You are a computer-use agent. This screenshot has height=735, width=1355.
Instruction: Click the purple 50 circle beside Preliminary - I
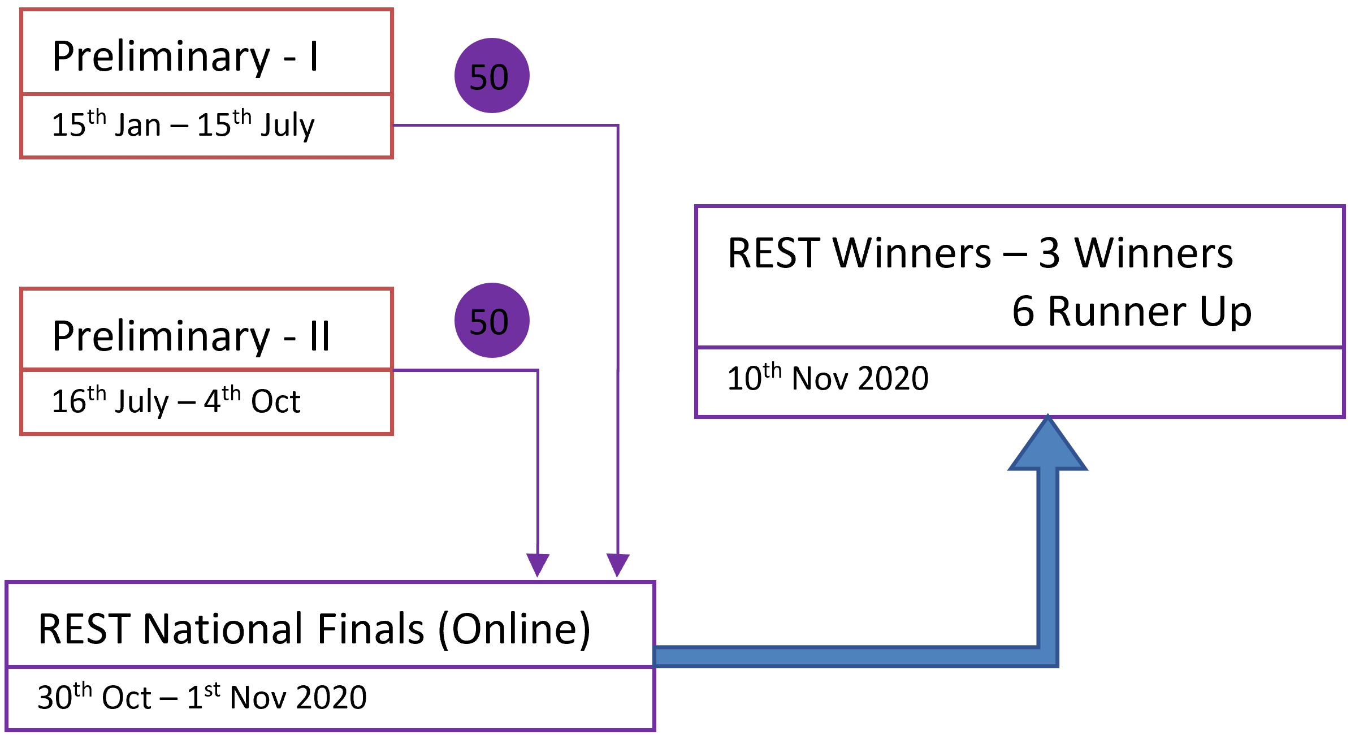pyautogui.click(x=492, y=75)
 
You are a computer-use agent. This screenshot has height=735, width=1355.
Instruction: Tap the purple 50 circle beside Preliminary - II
pyautogui.click(x=492, y=320)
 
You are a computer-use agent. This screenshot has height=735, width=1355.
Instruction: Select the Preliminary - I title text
pyautogui.click(x=185, y=57)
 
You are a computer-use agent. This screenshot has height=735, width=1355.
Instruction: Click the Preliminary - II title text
pyautogui.click(x=191, y=336)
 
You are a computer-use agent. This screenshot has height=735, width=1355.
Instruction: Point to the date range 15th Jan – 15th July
pyautogui.click(x=183, y=124)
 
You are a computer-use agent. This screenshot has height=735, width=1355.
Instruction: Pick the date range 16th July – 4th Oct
pyautogui.click(x=176, y=400)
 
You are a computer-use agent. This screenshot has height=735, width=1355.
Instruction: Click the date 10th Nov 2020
pyautogui.click(x=828, y=378)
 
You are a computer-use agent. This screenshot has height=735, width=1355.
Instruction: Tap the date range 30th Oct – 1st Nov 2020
pyautogui.click(x=202, y=696)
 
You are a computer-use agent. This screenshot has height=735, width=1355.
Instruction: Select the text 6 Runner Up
pyautogui.click(x=1132, y=311)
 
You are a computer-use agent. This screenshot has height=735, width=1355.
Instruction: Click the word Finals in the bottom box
pyautogui.click(x=371, y=628)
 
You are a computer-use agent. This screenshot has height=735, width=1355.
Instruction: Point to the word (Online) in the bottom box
pyautogui.click(x=514, y=629)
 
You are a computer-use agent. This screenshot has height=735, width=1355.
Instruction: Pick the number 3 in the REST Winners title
pyautogui.click(x=1049, y=253)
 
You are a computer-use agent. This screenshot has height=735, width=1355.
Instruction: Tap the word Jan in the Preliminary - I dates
pyautogui.click(x=138, y=126)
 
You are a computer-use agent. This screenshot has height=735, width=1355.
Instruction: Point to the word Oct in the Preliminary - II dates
pyautogui.click(x=276, y=401)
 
